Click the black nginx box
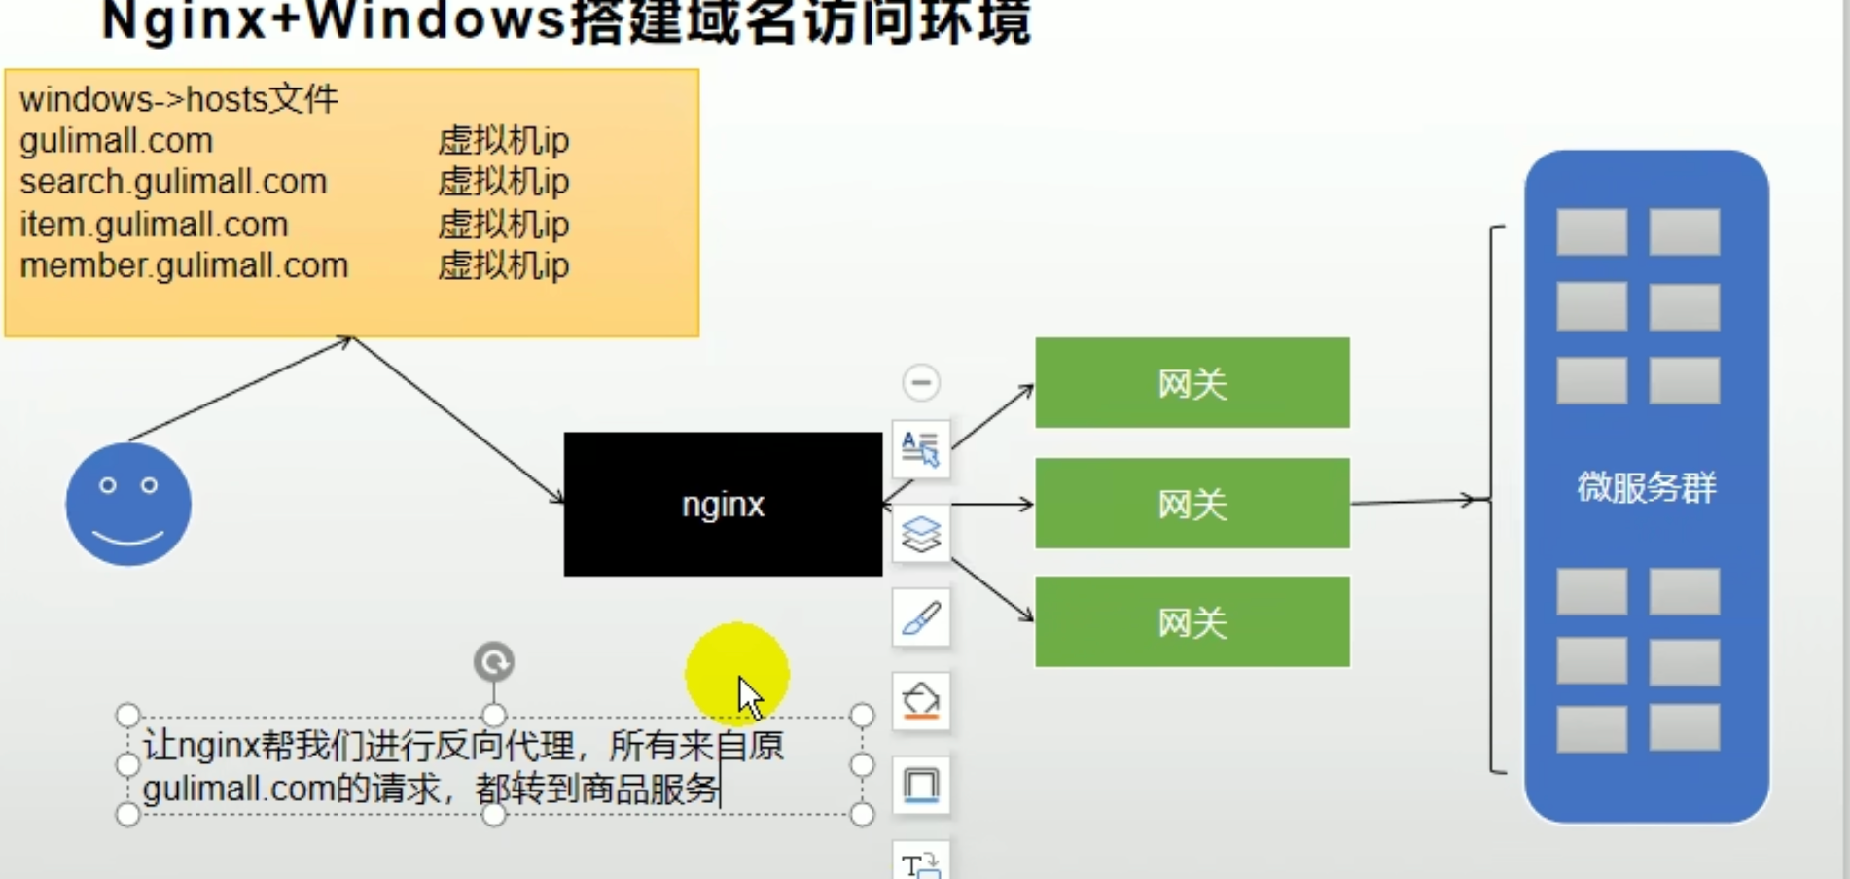click(x=723, y=504)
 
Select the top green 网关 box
click(x=1192, y=383)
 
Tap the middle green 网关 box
click(x=1192, y=504)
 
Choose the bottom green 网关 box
click(x=1192, y=622)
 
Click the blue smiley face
click(x=128, y=504)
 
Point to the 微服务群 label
click(x=1646, y=487)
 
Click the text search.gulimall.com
click(x=173, y=182)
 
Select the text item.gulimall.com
click(x=154, y=225)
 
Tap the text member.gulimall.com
click(x=184, y=265)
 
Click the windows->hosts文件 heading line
click(x=179, y=99)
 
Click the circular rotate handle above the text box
click(x=493, y=662)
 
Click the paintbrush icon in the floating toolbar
click(x=921, y=617)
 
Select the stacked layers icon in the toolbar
click(x=921, y=534)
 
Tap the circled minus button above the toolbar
click(x=921, y=382)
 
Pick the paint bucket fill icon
click(x=921, y=701)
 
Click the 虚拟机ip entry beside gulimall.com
click(x=503, y=141)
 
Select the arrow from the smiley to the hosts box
click(x=238, y=389)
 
